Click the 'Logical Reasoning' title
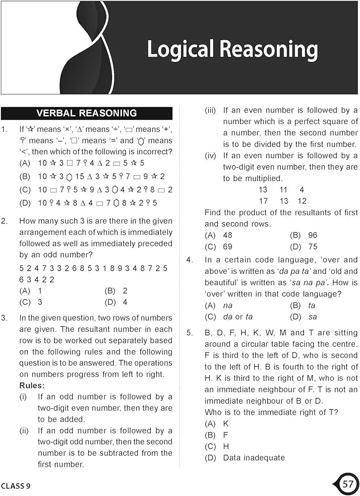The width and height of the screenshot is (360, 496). [232, 50]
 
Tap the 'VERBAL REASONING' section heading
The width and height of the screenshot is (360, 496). [87, 113]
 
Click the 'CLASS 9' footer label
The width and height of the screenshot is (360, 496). [16, 486]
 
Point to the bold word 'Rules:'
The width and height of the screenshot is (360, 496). [32, 385]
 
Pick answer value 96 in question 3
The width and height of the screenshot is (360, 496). [312, 235]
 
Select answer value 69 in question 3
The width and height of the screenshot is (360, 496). [228, 247]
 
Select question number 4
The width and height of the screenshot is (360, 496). [190, 260]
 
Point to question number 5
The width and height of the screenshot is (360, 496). [190, 333]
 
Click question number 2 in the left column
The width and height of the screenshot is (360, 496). [4, 221]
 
